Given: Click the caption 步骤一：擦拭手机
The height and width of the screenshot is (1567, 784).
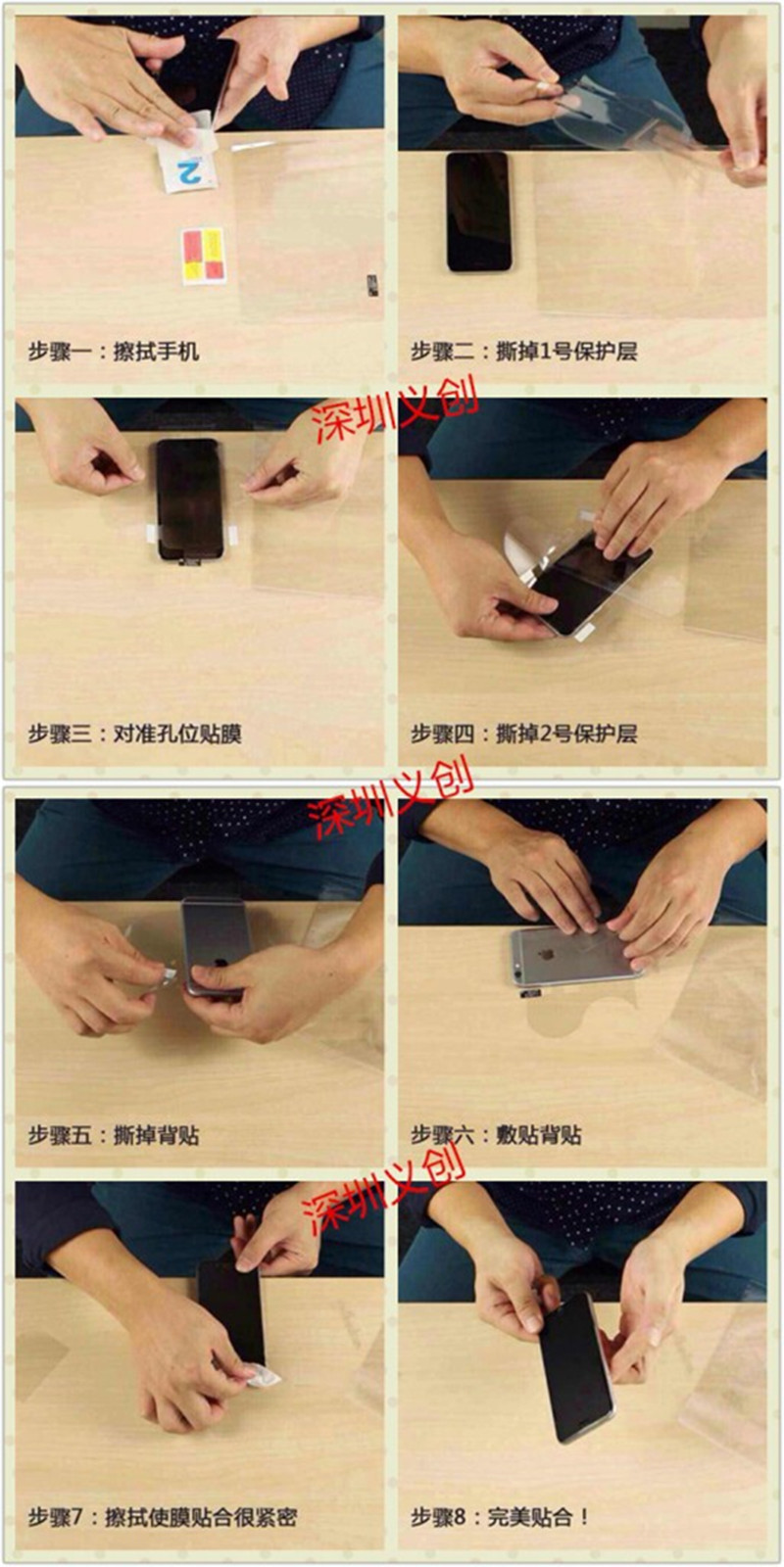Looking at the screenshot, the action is coord(114,351).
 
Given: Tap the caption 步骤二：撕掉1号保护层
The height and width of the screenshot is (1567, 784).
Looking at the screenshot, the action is coord(523,351).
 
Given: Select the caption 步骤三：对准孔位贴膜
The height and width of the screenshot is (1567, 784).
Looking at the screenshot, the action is coord(135,734).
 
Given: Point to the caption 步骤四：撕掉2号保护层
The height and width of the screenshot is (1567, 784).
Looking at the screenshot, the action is coord(523,734).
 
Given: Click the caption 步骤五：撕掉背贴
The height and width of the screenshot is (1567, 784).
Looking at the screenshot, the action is coord(114,1134).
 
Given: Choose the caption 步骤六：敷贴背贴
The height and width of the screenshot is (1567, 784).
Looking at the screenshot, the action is coord(496,1134).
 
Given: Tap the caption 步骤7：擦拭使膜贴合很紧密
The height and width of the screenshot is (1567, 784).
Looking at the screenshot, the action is coord(163,1517).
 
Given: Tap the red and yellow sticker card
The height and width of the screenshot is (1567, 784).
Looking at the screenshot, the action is coord(204,256).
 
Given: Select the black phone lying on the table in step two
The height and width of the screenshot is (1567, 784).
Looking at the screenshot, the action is coord(478,212).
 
